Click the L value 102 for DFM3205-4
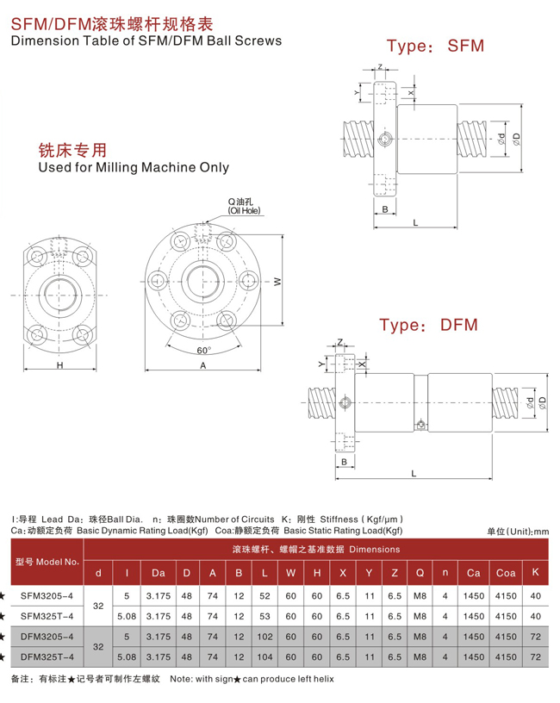click(265, 637)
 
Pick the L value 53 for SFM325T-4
click(265, 616)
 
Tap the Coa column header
click(505, 573)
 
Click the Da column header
click(158, 573)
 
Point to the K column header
click(536, 572)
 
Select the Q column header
click(420, 573)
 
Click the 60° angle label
click(203, 351)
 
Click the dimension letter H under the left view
click(59, 365)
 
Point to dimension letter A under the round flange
click(203, 365)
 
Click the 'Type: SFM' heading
click(435, 46)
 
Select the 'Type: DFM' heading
click(428, 325)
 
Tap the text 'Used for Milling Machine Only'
click(134, 167)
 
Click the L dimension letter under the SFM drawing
click(415, 222)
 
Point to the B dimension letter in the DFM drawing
click(344, 462)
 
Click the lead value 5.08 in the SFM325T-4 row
click(127, 616)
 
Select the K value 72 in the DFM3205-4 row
click(536, 637)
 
